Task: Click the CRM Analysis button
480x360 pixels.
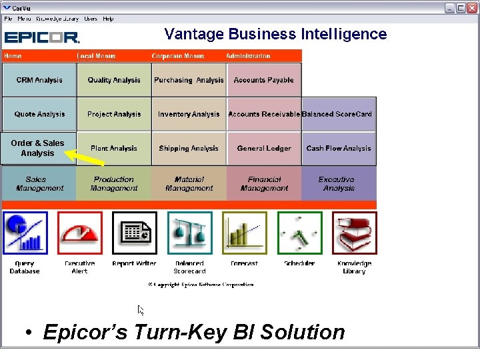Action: pos(39,80)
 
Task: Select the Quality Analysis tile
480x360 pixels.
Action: pos(114,80)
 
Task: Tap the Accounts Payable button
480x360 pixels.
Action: pos(264,80)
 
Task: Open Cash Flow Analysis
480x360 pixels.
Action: pos(339,148)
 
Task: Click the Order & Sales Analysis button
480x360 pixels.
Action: pos(37,148)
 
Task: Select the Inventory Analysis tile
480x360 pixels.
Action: pos(189,114)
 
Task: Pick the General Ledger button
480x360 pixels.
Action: pos(264,148)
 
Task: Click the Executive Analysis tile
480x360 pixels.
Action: pos(339,183)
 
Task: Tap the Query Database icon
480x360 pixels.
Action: pos(25,233)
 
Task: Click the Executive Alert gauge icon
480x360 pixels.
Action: pos(80,233)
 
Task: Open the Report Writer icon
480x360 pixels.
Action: pos(135,233)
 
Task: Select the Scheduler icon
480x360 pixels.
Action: pos(299,233)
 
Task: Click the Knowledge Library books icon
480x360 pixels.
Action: pos(355,233)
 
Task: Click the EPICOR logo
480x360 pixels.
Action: pos(42,37)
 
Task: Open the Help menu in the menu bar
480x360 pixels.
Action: pos(108,19)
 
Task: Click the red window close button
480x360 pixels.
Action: pos(471,7)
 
